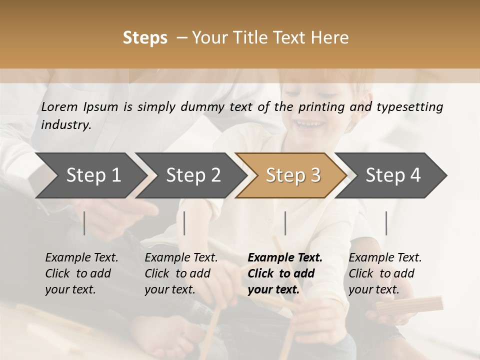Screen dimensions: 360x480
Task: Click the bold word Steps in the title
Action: point(145,38)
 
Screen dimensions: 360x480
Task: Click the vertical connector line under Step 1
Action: point(84,223)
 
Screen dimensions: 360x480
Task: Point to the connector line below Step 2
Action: point(184,223)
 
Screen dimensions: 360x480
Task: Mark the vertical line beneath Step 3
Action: point(285,223)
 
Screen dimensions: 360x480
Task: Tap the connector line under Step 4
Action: point(386,223)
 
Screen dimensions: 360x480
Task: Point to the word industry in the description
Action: point(66,125)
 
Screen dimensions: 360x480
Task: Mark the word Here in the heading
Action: point(329,38)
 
